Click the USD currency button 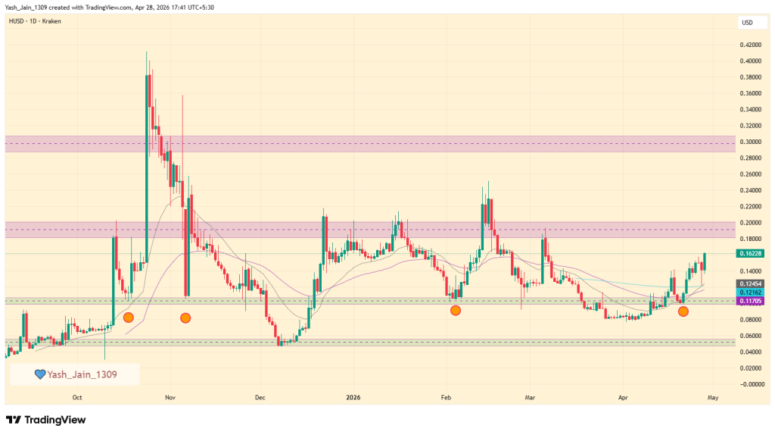[x=747, y=23]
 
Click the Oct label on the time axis [x=77, y=396]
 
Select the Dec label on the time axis [x=260, y=396]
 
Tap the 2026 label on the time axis [x=353, y=396]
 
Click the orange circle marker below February [x=455, y=310]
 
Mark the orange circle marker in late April [x=683, y=311]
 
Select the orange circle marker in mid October [x=128, y=318]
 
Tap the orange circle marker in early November [x=185, y=318]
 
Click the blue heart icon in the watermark [x=41, y=374]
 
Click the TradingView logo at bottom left [x=46, y=420]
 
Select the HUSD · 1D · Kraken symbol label [x=36, y=21]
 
